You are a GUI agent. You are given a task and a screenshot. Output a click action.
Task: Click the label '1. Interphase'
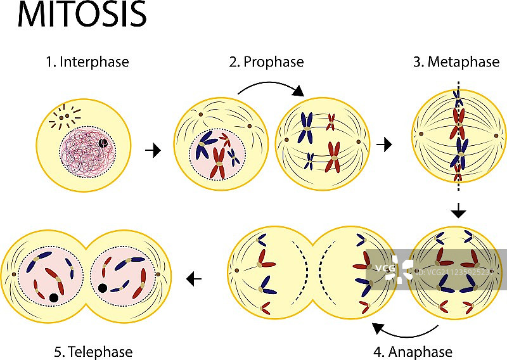[87, 62]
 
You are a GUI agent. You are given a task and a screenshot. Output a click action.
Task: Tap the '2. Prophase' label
[266, 62]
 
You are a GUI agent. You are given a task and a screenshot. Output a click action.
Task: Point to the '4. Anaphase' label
[420, 352]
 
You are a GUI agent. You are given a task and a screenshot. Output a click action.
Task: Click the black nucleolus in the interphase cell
[103, 145]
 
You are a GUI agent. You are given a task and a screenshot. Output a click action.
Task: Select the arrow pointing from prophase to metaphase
[383, 145]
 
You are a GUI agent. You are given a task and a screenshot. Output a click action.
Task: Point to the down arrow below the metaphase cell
[459, 212]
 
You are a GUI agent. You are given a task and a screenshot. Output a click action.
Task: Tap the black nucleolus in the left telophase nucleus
[54, 297]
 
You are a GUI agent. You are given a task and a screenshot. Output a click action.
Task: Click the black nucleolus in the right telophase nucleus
[103, 288]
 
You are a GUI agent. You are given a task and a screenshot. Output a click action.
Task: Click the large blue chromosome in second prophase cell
[307, 125]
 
